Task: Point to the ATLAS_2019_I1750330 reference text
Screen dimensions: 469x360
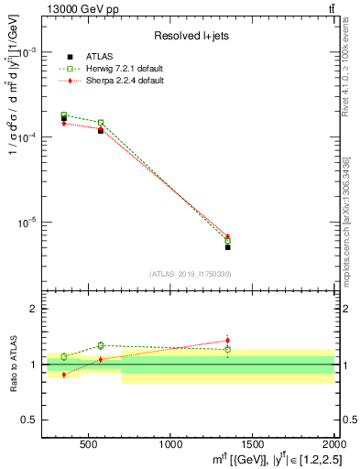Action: (191, 274)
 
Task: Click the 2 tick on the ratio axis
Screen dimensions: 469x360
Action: (35, 310)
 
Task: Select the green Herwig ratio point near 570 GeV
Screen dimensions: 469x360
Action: (101, 345)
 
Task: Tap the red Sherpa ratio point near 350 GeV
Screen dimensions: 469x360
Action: (64, 375)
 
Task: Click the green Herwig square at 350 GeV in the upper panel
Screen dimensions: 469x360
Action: (64, 115)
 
